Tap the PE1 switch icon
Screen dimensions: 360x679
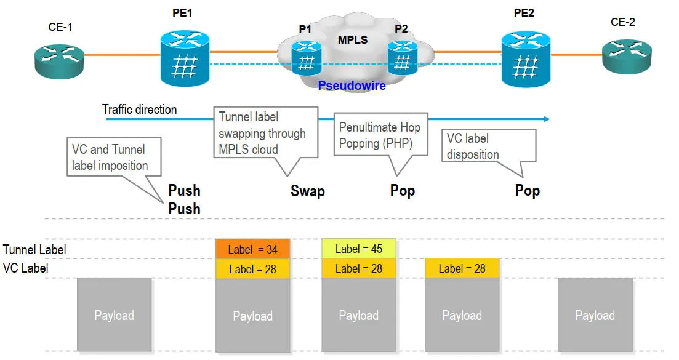pos(184,59)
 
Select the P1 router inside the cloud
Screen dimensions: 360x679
pos(307,58)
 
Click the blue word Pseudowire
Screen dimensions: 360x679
pos(352,86)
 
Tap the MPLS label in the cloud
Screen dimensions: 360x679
pos(352,40)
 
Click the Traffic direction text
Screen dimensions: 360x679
pos(139,110)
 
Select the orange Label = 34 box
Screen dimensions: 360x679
pos(252,249)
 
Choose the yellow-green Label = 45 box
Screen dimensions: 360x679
pos(358,249)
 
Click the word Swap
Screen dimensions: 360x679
pos(307,191)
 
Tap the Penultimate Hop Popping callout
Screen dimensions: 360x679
pos(380,135)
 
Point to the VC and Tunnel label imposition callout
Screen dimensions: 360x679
pos(110,158)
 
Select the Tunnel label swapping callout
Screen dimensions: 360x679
pos(266,132)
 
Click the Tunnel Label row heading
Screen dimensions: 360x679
pos(34,250)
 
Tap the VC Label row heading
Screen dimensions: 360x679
pos(26,268)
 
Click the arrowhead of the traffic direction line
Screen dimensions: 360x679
pos(545,119)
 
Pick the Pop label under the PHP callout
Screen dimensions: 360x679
pos(403,190)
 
